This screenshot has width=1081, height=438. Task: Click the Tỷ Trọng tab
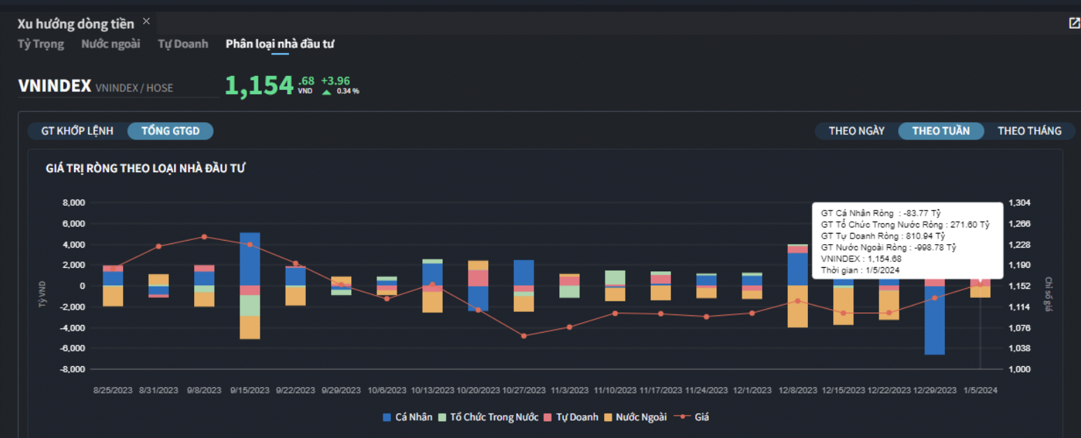[x=41, y=44]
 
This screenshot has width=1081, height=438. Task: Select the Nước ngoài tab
[x=110, y=44]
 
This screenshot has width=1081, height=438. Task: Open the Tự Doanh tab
[x=183, y=44]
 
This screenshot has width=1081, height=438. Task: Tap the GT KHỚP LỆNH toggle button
[x=78, y=131]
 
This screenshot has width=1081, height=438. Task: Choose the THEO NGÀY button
[x=857, y=131]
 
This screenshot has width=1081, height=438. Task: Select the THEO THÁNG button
[x=1029, y=131]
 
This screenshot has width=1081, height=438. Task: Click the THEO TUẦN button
[x=941, y=131]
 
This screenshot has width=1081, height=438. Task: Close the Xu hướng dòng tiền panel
[x=147, y=21]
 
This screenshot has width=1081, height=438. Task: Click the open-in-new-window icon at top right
[x=1074, y=23]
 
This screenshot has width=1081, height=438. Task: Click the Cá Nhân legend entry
[x=408, y=417]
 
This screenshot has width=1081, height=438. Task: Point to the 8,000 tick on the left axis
[x=73, y=203]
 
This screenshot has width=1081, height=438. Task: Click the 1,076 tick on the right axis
[x=1020, y=328]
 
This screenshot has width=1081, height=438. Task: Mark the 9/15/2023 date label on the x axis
[x=250, y=391]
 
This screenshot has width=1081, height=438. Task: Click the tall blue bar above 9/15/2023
[x=250, y=258]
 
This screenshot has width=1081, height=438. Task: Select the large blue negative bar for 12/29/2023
[x=934, y=321]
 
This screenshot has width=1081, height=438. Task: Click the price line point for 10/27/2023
[x=524, y=335]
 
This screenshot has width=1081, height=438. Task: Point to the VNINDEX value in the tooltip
[x=860, y=259]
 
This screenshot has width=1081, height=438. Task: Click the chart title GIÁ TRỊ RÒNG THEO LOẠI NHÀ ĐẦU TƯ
[x=145, y=168]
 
